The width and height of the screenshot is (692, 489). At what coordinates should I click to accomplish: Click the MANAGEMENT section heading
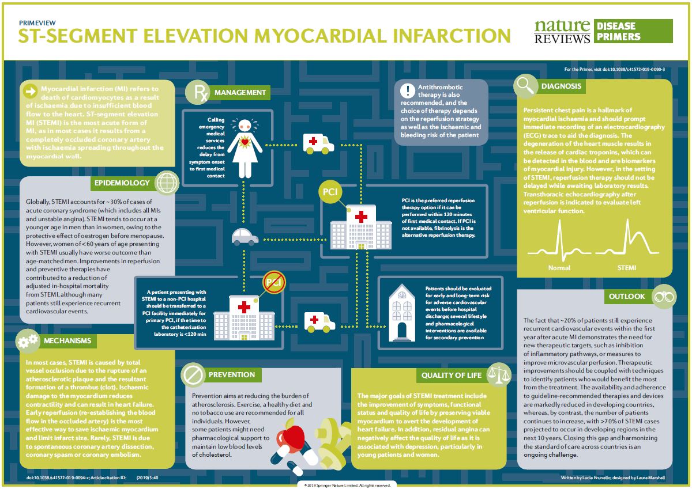[x=239, y=92]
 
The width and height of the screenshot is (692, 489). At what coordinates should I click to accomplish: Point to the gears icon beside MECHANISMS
[x=28, y=341]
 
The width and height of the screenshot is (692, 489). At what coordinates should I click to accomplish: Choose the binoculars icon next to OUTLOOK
[x=662, y=297]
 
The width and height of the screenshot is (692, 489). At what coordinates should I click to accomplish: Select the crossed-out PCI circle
[x=273, y=282]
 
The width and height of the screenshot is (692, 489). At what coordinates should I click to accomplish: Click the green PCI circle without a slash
[x=331, y=192]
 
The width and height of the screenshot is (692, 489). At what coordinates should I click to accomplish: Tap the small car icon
[x=245, y=236]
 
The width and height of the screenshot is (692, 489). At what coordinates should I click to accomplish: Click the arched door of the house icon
[x=401, y=330]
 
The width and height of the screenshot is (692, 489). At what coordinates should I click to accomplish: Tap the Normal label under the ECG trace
[x=559, y=268]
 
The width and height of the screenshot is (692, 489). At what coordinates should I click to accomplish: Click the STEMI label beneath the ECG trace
[x=626, y=268]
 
